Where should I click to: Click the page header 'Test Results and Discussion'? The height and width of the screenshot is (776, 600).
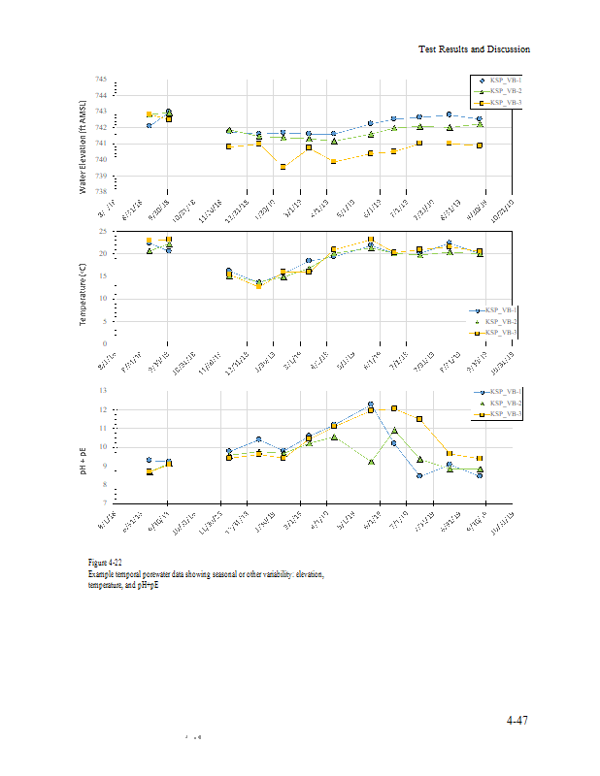pos(474,48)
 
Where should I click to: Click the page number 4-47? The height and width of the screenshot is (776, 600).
pos(517,721)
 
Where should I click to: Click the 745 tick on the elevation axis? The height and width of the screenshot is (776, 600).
pos(102,80)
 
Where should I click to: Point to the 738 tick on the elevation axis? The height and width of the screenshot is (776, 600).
pos(102,192)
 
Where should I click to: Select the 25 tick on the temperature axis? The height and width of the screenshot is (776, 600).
pos(102,231)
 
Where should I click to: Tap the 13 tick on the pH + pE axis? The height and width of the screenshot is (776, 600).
pos(102,390)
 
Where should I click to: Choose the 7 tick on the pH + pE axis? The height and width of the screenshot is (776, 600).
pos(103,502)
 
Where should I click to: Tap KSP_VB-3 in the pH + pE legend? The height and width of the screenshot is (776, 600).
pos(505,414)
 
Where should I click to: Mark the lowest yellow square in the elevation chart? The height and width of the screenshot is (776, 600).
pos(283,167)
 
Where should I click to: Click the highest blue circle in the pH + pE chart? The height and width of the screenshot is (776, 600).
pos(371,404)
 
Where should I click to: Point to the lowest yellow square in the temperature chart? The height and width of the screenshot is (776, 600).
pos(258,286)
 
